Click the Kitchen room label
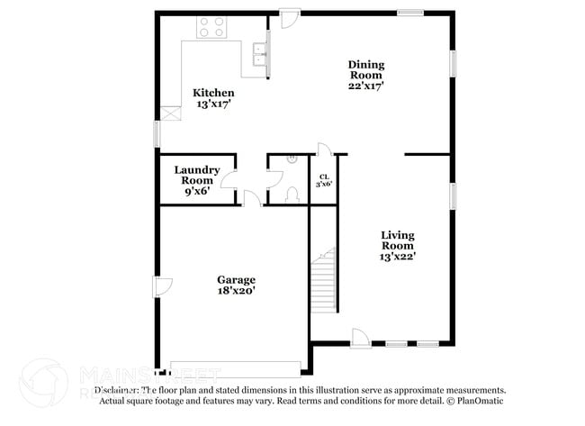[213, 93]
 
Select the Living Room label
[397, 240]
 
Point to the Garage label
[236, 279]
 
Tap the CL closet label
[323, 177]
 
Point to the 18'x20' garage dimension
[236, 291]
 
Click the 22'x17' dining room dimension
[366, 86]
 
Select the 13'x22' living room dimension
[397, 256]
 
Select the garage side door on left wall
[163, 287]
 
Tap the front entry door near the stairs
[360, 337]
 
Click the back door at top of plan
[290, 19]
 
